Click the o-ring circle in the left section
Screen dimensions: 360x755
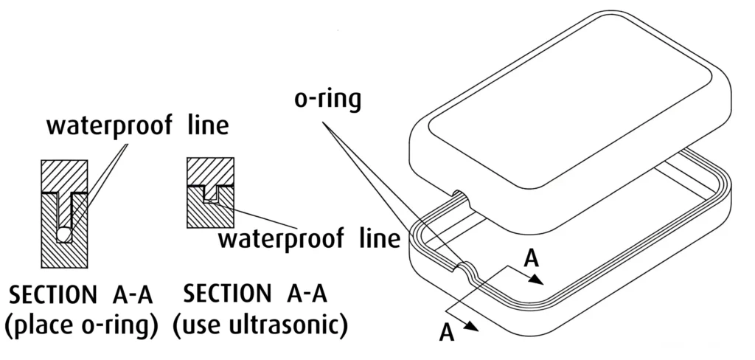coord(65,234)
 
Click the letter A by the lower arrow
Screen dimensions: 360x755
coord(446,332)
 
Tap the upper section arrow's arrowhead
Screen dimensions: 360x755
coord(540,281)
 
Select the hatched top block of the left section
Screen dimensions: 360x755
coord(64,176)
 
